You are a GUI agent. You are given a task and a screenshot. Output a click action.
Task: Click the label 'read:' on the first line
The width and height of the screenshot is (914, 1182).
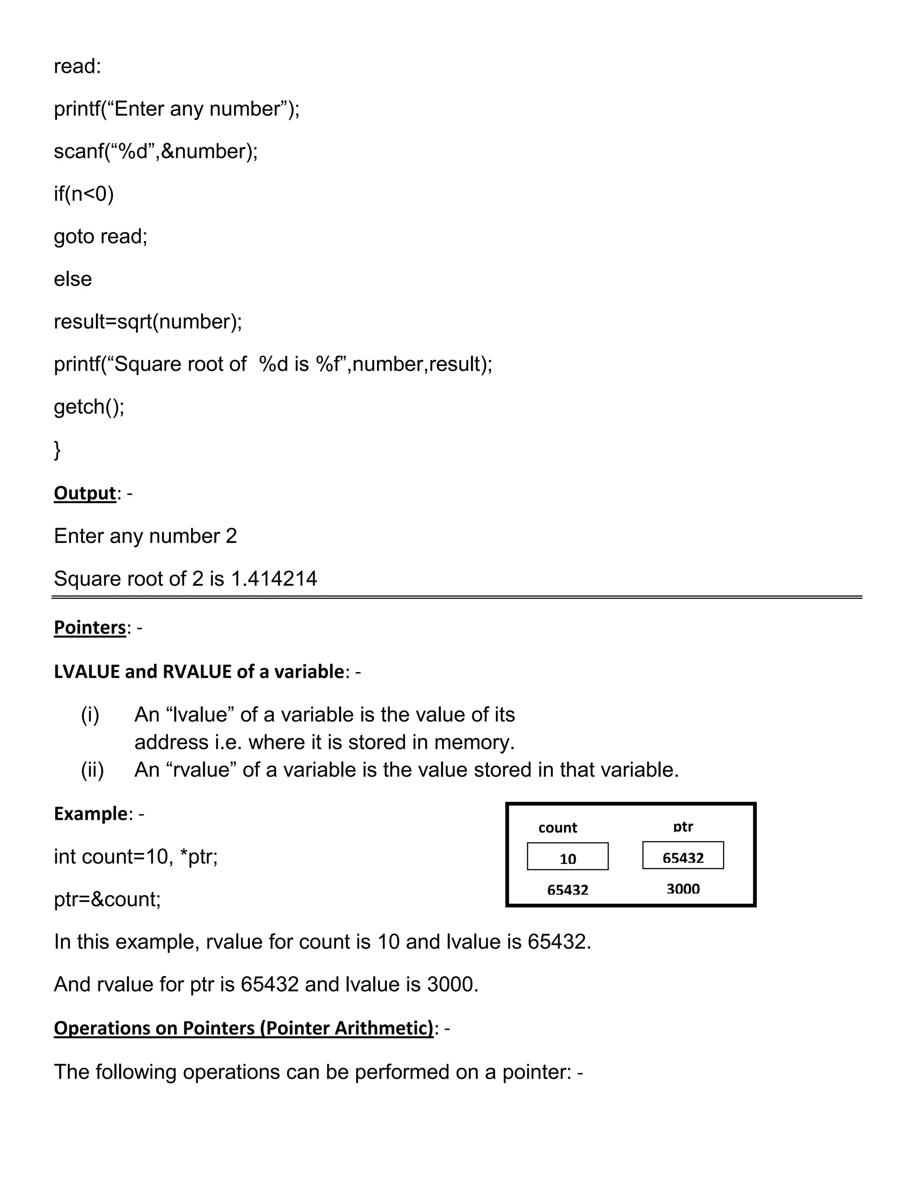click(x=77, y=66)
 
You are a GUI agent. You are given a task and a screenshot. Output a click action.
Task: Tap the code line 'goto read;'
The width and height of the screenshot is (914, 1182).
click(x=100, y=236)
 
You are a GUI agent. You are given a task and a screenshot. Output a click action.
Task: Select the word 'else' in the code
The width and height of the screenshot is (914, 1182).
click(x=73, y=279)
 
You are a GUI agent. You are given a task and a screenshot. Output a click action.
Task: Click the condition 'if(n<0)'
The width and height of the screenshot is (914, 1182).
click(x=83, y=194)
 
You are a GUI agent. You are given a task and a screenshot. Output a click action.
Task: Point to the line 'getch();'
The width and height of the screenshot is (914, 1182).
click(x=89, y=406)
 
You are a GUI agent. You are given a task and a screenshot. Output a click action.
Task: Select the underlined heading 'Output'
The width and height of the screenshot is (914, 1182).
click(x=84, y=493)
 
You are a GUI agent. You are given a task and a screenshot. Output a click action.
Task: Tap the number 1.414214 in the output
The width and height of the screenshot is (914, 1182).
click(x=274, y=579)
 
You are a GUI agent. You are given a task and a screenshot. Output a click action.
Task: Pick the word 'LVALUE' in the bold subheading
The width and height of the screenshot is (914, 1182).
click(x=87, y=671)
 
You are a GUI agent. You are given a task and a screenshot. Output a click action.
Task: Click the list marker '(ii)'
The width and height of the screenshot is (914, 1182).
click(x=92, y=769)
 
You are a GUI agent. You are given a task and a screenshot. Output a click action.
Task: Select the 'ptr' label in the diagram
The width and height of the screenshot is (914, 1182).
click(x=683, y=827)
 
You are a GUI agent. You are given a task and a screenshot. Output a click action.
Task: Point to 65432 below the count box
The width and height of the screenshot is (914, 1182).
click(x=568, y=890)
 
